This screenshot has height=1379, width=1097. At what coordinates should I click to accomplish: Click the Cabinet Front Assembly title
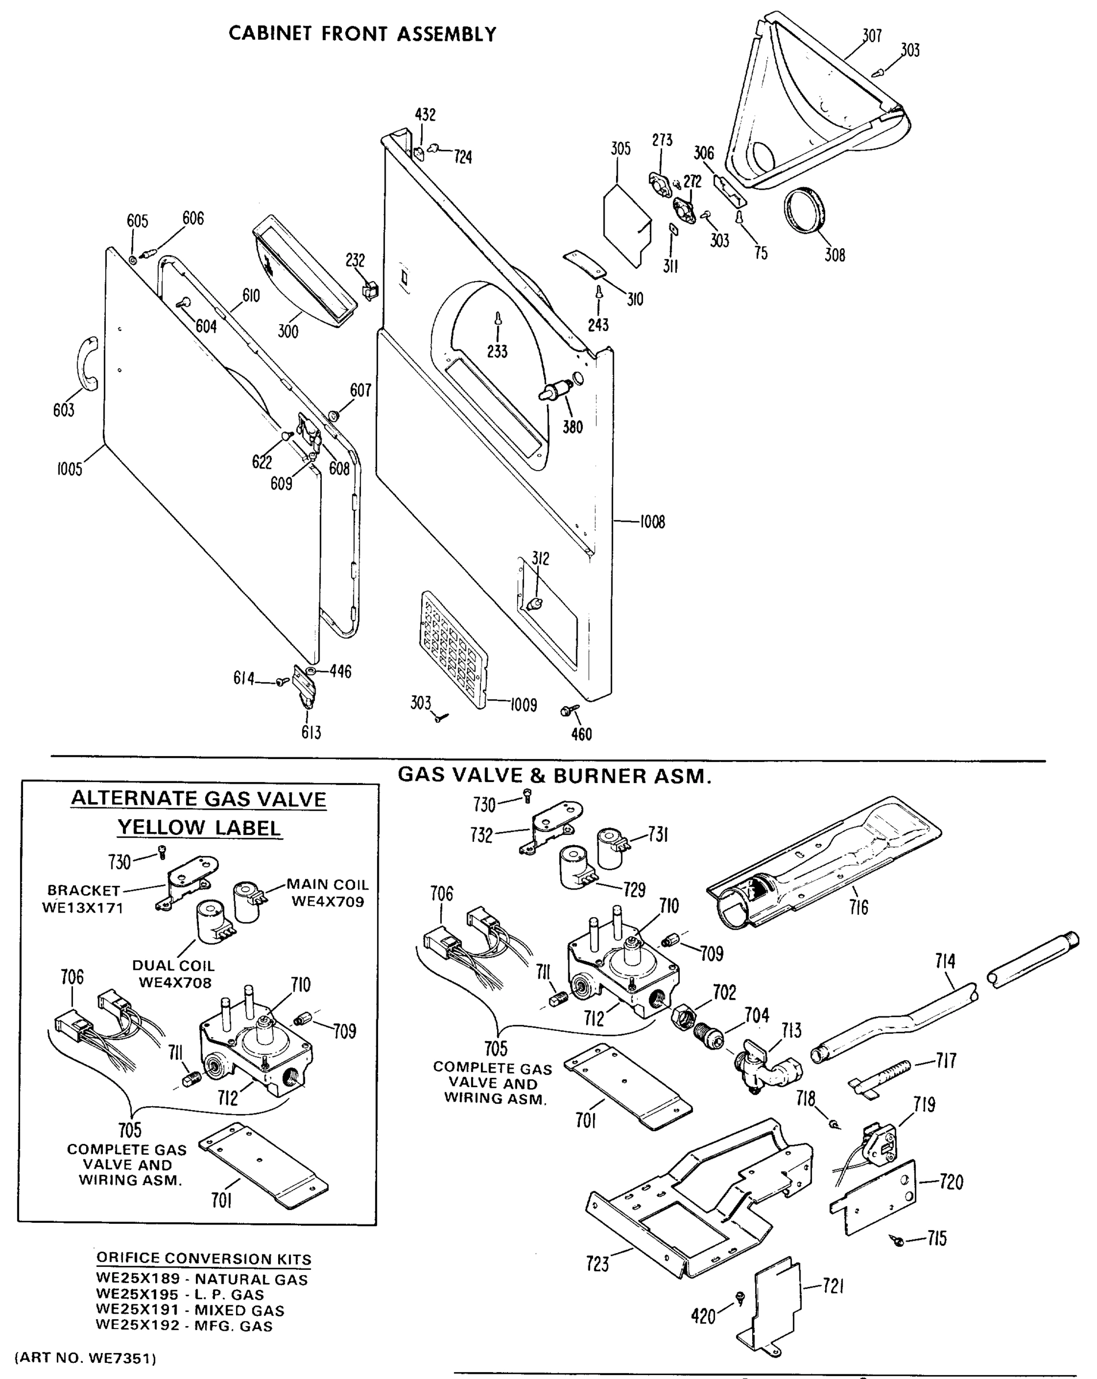pyautogui.click(x=362, y=34)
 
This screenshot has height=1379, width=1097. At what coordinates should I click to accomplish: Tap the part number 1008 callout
pyautogui.click(x=652, y=522)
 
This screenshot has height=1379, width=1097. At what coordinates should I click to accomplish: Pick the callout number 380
pyautogui.click(x=572, y=426)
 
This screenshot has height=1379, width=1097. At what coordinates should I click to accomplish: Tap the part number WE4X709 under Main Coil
pyautogui.click(x=328, y=902)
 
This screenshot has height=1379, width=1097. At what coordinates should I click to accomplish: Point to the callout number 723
pyautogui.click(x=598, y=1264)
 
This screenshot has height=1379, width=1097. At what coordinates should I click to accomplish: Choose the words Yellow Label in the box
pyautogui.click(x=199, y=827)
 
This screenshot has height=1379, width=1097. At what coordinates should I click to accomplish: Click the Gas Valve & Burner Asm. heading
pyautogui.click(x=554, y=776)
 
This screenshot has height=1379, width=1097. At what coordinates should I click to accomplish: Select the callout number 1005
pyautogui.click(x=70, y=469)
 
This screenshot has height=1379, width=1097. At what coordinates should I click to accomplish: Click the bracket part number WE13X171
pyautogui.click(x=83, y=908)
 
